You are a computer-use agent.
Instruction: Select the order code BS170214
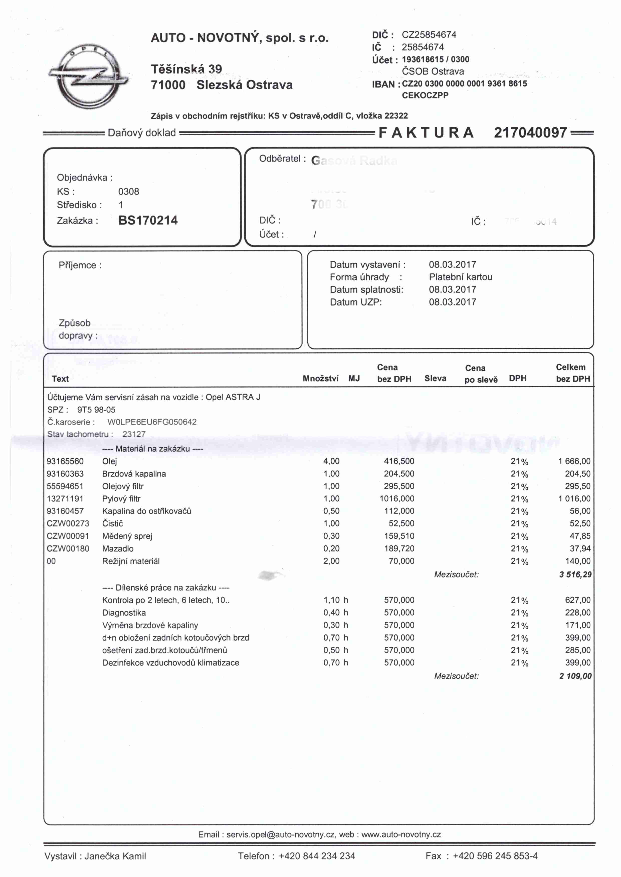(x=148, y=220)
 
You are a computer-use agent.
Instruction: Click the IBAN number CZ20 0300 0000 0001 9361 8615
(x=464, y=84)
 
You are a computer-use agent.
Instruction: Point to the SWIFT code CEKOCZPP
(x=425, y=95)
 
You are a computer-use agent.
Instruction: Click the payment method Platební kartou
(x=460, y=277)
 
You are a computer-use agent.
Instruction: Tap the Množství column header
(x=320, y=378)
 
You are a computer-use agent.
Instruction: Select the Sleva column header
(x=435, y=378)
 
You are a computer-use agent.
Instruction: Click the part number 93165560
(x=65, y=461)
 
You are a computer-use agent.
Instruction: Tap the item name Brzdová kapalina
(x=134, y=474)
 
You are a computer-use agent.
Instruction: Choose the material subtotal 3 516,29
(x=575, y=574)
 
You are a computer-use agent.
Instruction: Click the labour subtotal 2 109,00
(x=575, y=676)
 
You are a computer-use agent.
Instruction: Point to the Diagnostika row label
(x=124, y=613)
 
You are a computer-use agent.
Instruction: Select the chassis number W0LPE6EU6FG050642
(x=152, y=422)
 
